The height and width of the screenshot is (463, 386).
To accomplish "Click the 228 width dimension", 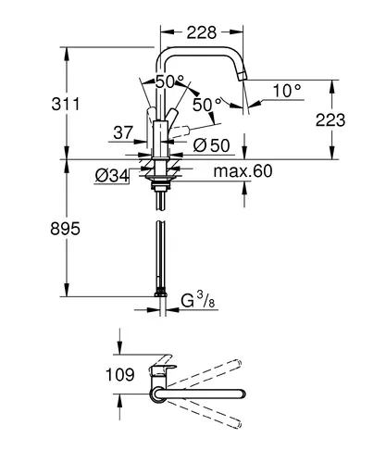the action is tap(202, 32).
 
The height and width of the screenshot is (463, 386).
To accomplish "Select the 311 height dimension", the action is tap(66, 104).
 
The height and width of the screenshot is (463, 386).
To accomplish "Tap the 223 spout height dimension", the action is tap(330, 120).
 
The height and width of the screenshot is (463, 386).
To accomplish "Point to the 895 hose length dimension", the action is tap(65, 229).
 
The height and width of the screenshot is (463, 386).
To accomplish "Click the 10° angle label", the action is tap(287, 91).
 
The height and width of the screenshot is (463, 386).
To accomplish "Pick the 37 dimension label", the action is tap(123, 132).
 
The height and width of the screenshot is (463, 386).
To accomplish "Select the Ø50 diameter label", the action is tap(211, 145).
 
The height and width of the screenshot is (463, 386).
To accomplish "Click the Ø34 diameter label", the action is tap(112, 176).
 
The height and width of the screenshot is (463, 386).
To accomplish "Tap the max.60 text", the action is tap(243, 171).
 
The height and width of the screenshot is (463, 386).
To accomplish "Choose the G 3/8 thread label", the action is tap(197, 300).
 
